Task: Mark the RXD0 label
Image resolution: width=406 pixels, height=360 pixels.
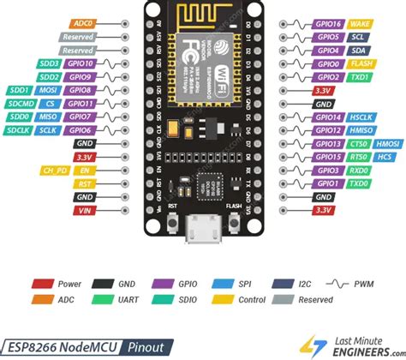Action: tap(358, 171)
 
